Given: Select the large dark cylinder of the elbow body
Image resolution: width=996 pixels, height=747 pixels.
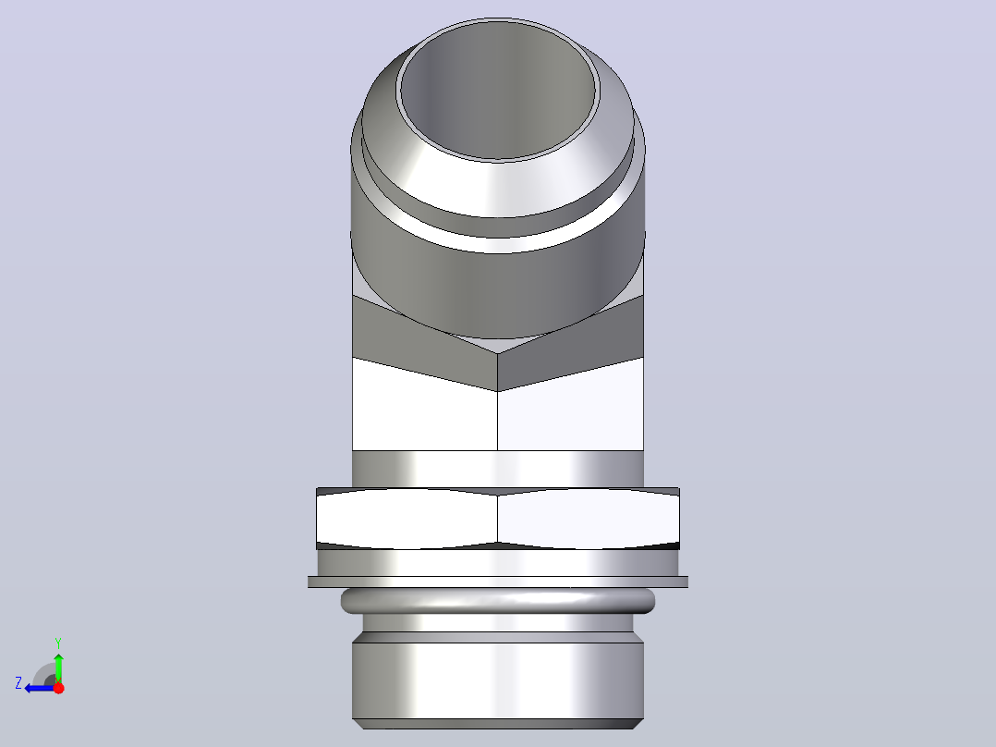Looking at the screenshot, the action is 498,286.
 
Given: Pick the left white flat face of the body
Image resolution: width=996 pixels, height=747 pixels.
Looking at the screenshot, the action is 424,413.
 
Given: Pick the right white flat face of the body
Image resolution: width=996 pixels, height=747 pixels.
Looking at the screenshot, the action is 570,413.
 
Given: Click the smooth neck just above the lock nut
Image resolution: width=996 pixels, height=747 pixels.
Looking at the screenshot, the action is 498,469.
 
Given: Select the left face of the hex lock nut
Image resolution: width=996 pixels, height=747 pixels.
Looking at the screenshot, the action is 407,518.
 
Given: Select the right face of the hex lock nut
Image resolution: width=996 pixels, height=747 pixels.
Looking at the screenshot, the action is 589,518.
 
